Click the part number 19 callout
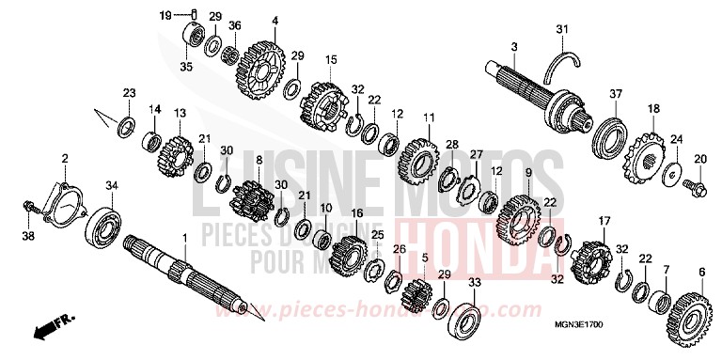coord(164,16)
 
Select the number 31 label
coord(561,30)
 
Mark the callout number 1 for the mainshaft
coord(184,242)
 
